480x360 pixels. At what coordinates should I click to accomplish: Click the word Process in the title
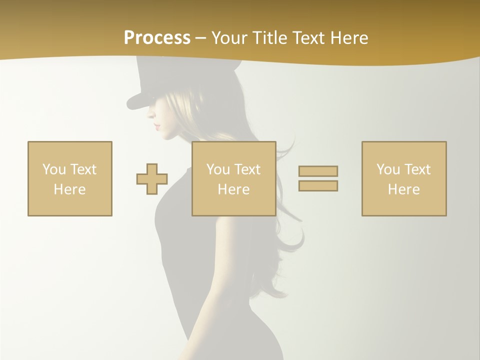(x=157, y=38)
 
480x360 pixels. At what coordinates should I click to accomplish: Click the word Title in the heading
(x=269, y=38)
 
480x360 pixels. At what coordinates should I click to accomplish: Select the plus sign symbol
(x=152, y=179)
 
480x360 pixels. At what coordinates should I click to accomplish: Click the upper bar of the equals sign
(x=318, y=171)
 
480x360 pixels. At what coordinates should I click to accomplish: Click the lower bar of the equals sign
(x=318, y=185)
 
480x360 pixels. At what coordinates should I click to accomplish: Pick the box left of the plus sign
(x=70, y=178)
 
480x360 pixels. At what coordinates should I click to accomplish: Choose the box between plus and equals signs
(x=233, y=178)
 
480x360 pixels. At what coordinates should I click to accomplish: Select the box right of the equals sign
(x=404, y=178)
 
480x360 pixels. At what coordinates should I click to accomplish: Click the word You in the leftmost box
(x=53, y=169)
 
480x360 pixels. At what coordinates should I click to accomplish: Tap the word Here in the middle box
(x=233, y=189)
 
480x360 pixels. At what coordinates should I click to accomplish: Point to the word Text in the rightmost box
(x=417, y=169)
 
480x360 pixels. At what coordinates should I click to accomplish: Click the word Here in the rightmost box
(x=404, y=189)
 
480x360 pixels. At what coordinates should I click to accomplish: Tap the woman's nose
(x=150, y=115)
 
